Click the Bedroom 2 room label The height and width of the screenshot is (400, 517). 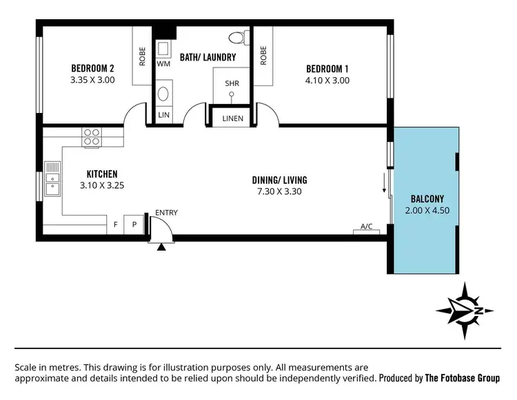pos(92,68)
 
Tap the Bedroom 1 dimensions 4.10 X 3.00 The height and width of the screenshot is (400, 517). pos(327,80)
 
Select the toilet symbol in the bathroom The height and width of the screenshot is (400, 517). pos(236,37)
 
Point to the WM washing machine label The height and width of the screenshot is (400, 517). pos(163,63)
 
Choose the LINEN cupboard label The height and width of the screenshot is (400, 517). pos(232,118)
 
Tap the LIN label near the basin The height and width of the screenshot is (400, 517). pos(164,114)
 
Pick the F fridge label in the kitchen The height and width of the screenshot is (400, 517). pos(116,224)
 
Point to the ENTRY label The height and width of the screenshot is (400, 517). pos(166,213)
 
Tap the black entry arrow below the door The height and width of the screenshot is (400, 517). pos(161,246)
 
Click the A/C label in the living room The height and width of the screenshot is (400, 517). pos(366,226)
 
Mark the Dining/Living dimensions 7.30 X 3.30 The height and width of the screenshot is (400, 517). pos(279,192)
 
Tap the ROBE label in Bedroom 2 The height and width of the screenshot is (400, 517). pos(143,56)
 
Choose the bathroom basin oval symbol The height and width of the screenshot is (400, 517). pos(164,94)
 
